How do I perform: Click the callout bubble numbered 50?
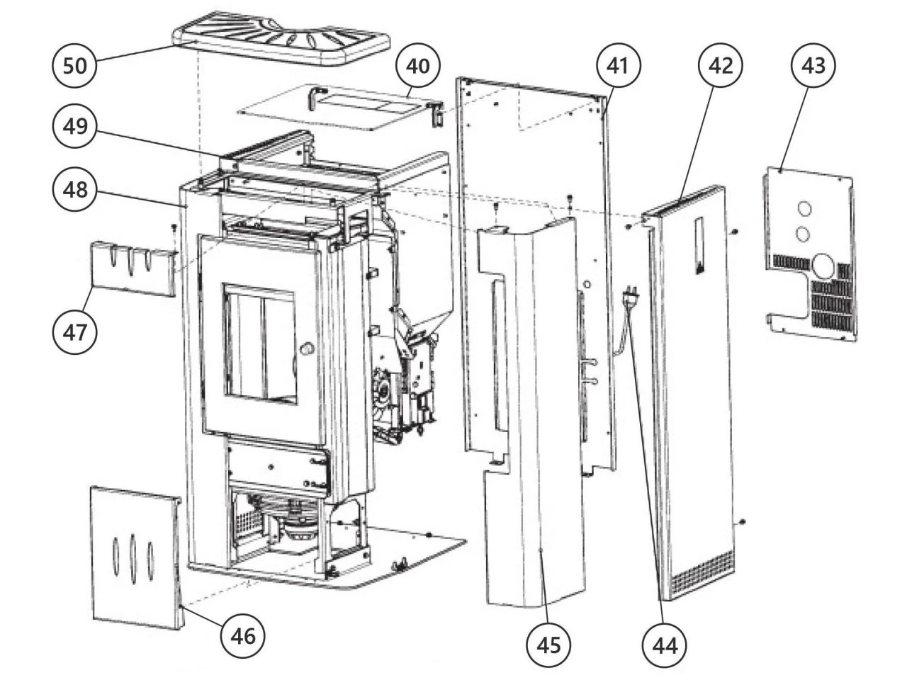(x=74, y=65)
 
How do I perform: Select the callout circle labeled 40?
(x=417, y=65)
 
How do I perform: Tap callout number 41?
(x=618, y=65)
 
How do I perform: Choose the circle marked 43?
(x=813, y=65)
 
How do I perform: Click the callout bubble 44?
(x=664, y=645)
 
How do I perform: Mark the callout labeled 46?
(x=243, y=635)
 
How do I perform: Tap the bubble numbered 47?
(x=74, y=331)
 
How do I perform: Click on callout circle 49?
(x=74, y=127)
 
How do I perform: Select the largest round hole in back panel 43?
(x=824, y=266)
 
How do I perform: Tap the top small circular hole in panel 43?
(x=805, y=209)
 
